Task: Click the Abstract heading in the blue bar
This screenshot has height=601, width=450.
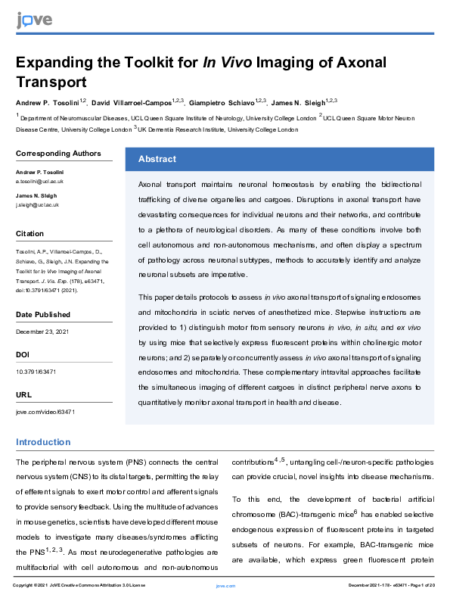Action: [x=157, y=159]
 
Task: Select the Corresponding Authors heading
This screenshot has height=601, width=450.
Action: [x=58, y=154]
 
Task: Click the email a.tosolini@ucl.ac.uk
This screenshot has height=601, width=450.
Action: [x=39, y=182]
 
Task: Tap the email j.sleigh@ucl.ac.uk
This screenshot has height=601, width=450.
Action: [x=37, y=205]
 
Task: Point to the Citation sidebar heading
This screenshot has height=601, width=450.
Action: [x=30, y=234]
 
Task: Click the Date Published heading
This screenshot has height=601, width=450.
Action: [x=43, y=314]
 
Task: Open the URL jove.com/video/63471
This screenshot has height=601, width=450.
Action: [x=45, y=412]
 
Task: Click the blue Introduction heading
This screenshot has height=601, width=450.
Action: [x=43, y=442]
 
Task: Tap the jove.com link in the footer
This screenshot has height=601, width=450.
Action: [x=225, y=586]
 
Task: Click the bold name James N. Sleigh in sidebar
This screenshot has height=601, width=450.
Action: [x=38, y=197]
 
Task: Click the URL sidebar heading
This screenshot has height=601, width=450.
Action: [x=23, y=394]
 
